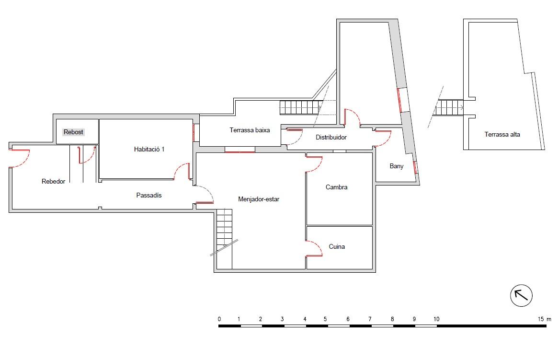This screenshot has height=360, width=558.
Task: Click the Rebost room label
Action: (73, 132)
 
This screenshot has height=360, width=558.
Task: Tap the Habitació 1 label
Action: (149, 149)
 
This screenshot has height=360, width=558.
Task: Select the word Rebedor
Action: (53, 181)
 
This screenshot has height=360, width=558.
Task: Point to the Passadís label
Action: (149, 195)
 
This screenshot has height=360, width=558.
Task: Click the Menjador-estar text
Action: (259, 199)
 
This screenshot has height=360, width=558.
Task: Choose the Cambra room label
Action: (336, 187)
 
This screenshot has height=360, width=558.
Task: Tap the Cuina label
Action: (337, 246)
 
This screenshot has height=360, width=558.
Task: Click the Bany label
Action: (397, 166)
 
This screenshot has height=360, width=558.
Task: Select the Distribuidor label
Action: (331, 137)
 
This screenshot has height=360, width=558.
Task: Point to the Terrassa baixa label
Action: (250, 130)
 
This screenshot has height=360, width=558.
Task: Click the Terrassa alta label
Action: (502, 134)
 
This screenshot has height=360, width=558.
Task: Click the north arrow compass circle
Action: (521, 296)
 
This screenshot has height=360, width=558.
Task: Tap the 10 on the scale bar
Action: (436, 319)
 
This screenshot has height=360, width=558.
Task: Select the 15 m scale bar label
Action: (545, 319)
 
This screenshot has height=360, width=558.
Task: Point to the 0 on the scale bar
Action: (219, 319)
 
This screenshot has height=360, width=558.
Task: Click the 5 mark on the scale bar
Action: (325, 319)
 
